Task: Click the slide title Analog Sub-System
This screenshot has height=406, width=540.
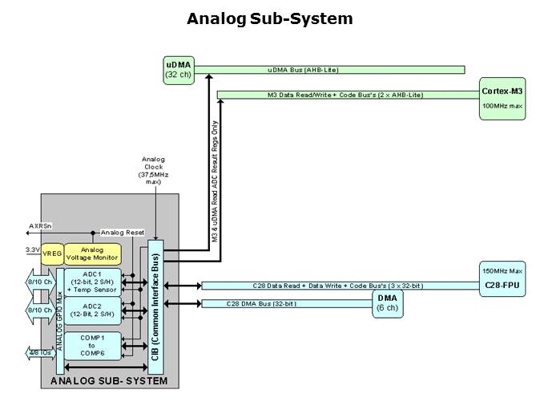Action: (x=269, y=18)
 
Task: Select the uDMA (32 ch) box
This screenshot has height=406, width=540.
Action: (x=177, y=69)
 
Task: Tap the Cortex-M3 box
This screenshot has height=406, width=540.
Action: (x=502, y=99)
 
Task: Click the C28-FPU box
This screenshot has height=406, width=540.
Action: (x=502, y=278)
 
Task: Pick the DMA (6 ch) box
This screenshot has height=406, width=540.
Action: (x=385, y=303)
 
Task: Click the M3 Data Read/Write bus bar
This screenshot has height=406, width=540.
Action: (x=346, y=95)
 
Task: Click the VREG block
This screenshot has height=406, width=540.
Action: (x=52, y=254)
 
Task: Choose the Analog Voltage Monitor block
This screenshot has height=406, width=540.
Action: (x=92, y=254)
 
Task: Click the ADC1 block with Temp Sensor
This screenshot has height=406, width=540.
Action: (x=93, y=283)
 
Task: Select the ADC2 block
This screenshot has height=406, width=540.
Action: (x=93, y=311)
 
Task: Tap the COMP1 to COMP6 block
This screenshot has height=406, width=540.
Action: (x=93, y=345)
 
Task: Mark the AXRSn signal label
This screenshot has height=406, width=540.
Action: (x=41, y=226)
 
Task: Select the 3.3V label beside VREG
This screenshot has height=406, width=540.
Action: (x=33, y=250)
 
